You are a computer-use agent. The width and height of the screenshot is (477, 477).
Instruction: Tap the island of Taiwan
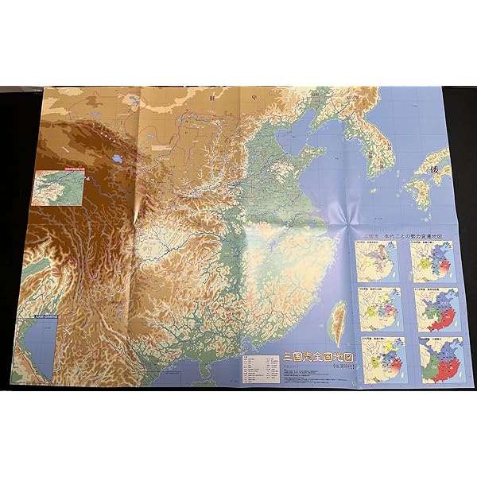point(339,317)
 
